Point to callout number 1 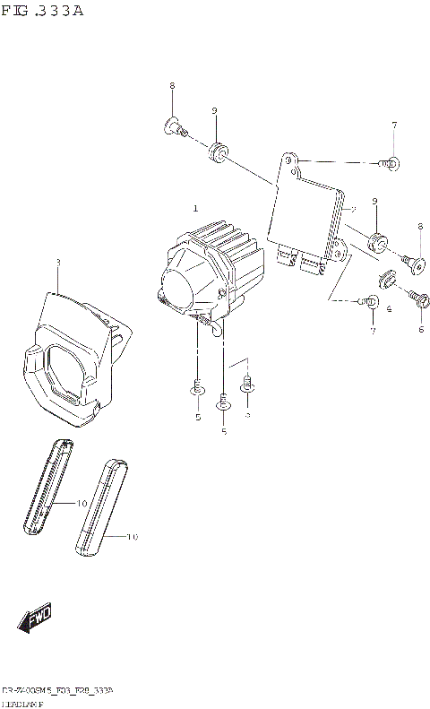195,208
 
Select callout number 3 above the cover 58,263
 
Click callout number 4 389,308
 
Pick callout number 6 420,329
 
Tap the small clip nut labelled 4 388,279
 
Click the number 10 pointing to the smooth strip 133,538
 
